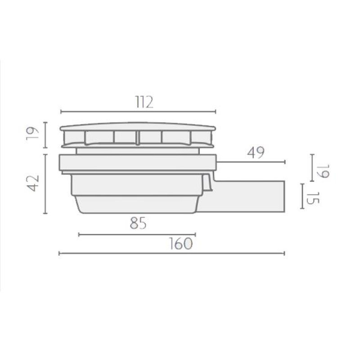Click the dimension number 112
(x=144, y=103)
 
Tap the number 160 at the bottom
(x=181, y=243)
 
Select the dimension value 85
(x=138, y=223)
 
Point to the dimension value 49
(x=256, y=153)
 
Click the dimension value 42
(x=33, y=183)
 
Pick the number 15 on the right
(x=313, y=198)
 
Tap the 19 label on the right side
(x=323, y=171)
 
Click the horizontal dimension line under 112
(x=138, y=112)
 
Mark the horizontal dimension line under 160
(x=172, y=253)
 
